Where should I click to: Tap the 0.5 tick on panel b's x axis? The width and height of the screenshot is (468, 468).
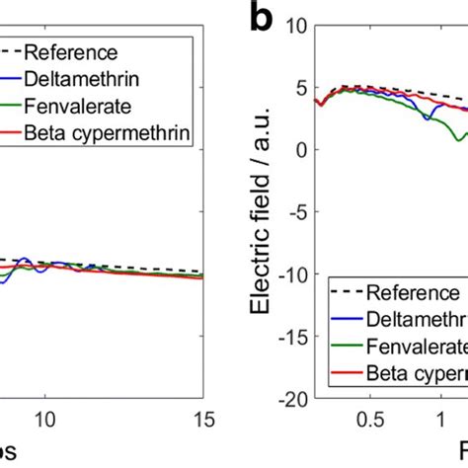pos(370,418)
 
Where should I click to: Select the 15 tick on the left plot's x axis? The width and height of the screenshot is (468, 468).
pos(201,418)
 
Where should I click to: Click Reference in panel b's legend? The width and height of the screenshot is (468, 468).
pos(412,292)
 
